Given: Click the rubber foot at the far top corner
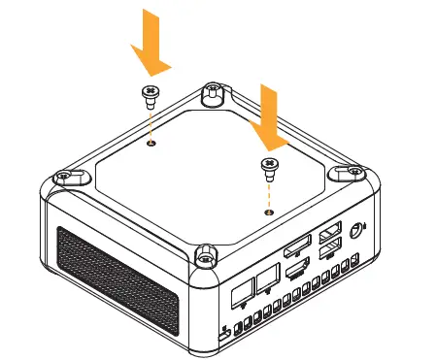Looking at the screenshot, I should [211, 93].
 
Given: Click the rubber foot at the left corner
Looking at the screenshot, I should [64, 177].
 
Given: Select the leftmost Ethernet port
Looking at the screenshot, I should [242, 290].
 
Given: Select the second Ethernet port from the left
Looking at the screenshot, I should [265, 281].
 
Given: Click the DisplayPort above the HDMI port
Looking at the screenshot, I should [296, 241].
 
